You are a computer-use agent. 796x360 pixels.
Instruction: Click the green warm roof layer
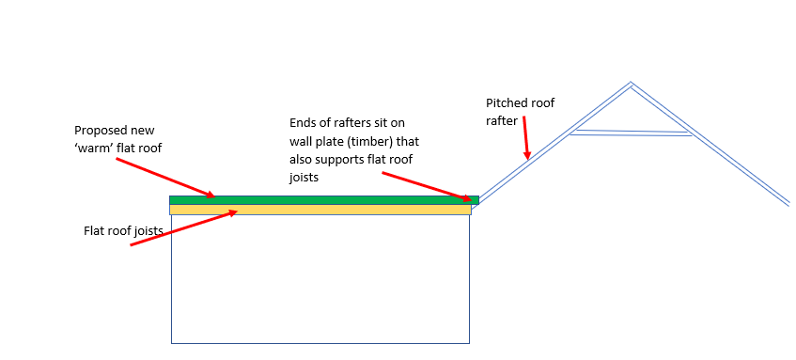(320, 199)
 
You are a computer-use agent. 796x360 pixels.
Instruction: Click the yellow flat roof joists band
(320, 210)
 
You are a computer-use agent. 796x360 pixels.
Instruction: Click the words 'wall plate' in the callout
(320, 141)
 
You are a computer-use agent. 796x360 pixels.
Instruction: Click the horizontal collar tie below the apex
(632, 133)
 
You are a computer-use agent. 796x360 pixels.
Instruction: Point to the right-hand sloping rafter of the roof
(714, 147)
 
